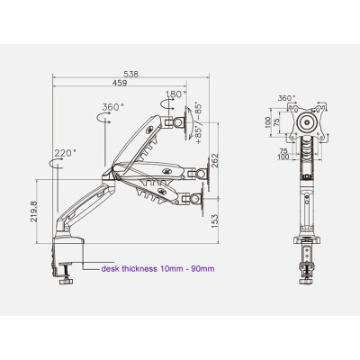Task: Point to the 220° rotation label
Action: tap(63, 153)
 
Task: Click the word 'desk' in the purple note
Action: tap(109, 267)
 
